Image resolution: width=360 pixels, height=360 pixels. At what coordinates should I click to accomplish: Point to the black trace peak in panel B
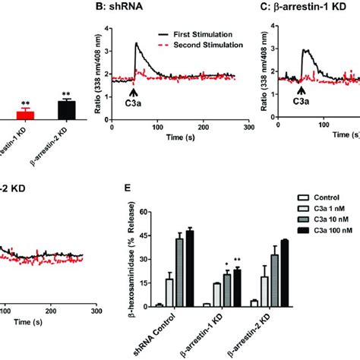(x=137, y=44)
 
